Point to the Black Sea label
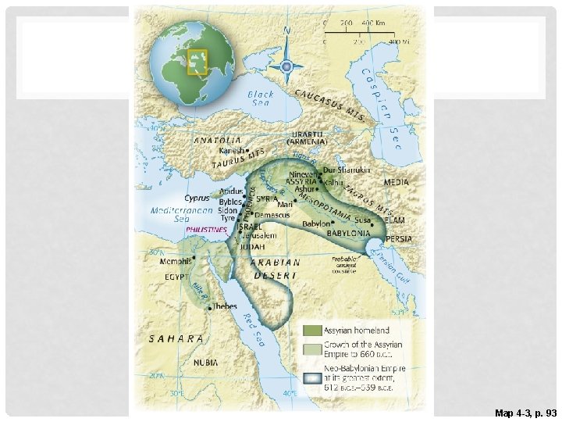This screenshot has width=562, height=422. coord(261,98)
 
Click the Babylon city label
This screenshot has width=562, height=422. coord(316,222)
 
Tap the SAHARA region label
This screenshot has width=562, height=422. coord(177,339)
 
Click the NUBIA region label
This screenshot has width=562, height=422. coord(207,363)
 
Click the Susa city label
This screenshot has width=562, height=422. coord(363,221)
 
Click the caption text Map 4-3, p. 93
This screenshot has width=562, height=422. coord(525,412)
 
